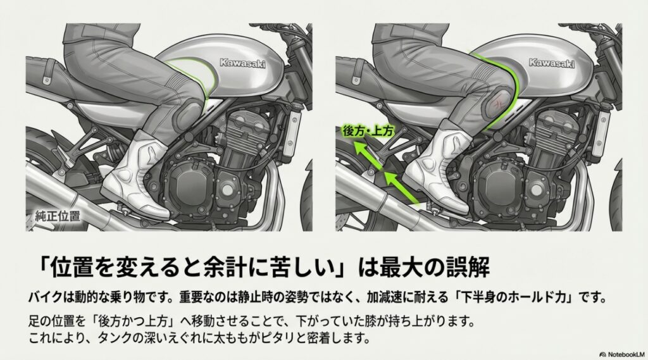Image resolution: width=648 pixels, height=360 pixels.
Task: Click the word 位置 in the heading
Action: tap(70, 267)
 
